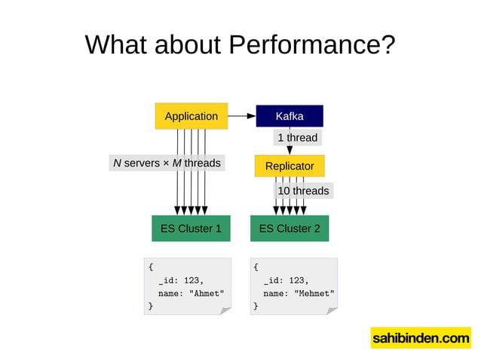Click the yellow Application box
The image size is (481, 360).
point(191,116)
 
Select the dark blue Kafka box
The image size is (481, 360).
point(290,116)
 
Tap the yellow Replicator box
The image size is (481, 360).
point(290,165)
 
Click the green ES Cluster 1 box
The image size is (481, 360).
point(191,228)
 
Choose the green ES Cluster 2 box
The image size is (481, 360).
point(290,228)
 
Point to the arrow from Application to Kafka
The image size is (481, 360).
point(241,116)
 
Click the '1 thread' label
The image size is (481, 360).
point(297,138)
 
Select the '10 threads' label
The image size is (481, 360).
point(303,191)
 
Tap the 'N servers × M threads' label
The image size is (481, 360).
point(167,163)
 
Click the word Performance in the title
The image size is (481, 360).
point(311,45)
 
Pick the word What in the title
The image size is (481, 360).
point(114,45)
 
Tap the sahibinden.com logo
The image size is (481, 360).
point(420,338)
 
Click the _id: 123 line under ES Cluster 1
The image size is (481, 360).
point(181,280)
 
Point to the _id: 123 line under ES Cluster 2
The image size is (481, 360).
point(286,280)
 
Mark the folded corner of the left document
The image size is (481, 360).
point(225,310)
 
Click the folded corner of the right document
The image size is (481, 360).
point(331,310)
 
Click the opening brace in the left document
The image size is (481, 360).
point(151,267)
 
